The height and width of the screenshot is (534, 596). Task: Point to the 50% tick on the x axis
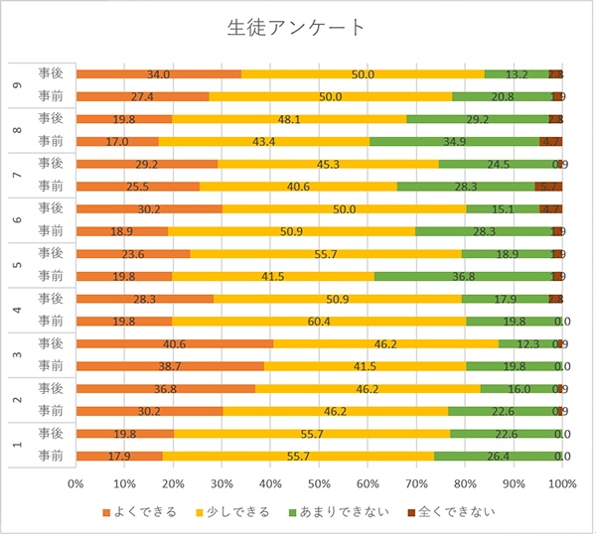[319, 483]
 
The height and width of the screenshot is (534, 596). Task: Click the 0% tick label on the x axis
[75, 483]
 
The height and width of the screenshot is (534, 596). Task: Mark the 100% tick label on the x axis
[561, 483]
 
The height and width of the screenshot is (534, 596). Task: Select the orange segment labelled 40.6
[175, 343]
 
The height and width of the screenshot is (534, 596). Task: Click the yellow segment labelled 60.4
[319, 321]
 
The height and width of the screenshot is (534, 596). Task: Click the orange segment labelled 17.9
[119, 456]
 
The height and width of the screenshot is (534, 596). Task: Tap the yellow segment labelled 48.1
[289, 118]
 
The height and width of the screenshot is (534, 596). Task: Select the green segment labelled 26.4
[497, 456]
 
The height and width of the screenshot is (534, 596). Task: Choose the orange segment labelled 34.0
[158, 73]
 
